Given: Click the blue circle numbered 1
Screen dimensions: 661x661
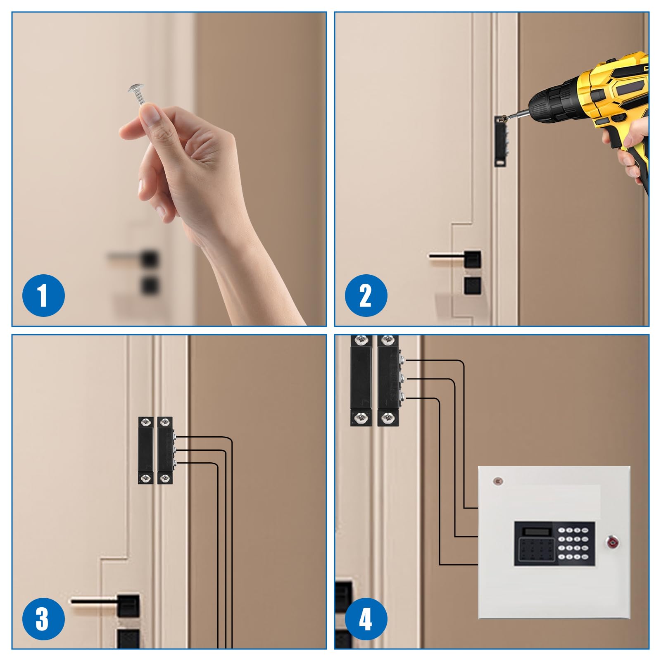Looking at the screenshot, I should [x=43, y=296].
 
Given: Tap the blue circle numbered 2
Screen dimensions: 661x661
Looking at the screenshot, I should [x=366, y=296].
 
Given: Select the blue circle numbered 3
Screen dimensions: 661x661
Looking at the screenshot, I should [x=43, y=619].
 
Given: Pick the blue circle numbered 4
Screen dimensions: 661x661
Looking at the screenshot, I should [x=366, y=619].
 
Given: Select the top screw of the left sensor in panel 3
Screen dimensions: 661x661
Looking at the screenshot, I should [x=145, y=422].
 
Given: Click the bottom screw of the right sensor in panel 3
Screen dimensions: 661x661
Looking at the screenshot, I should [x=165, y=478].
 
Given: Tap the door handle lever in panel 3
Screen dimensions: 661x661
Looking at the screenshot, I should [x=95, y=601].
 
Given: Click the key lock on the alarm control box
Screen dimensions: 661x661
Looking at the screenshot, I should [x=612, y=542].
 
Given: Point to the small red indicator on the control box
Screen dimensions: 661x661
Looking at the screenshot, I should [x=498, y=481].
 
